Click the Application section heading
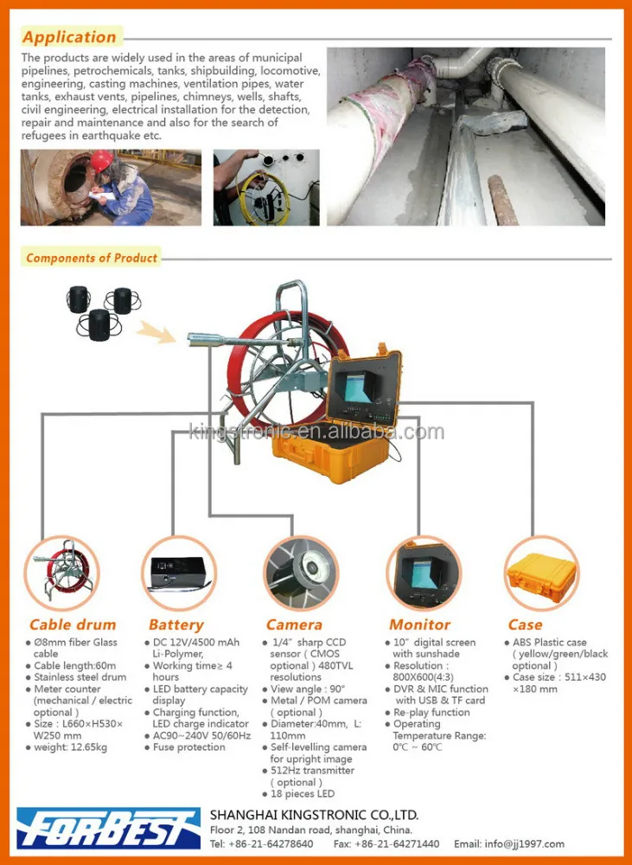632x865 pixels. pyautogui.click(x=69, y=37)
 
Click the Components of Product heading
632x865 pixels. pyautogui.click(x=92, y=258)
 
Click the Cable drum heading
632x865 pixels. pyautogui.click(x=73, y=625)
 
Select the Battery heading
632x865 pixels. pyautogui.click(x=176, y=625)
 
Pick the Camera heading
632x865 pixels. pyautogui.click(x=294, y=625)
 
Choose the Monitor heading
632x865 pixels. pyautogui.click(x=419, y=625)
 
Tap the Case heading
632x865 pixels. pyautogui.click(x=525, y=625)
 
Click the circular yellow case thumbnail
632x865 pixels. pyautogui.click(x=540, y=573)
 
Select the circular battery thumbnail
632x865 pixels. pyautogui.click(x=178, y=573)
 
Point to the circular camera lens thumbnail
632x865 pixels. pyautogui.click(x=300, y=573)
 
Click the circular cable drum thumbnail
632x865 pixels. pyautogui.click(x=61, y=573)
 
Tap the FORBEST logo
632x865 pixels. pyautogui.click(x=108, y=828)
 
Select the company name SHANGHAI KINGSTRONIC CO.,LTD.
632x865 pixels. pyautogui.click(x=314, y=815)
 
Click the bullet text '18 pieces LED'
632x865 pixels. pyautogui.click(x=302, y=794)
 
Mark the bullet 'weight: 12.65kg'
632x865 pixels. pyautogui.click(x=69, y=747)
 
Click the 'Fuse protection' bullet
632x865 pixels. pyautogui.click(x=188, y=747)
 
